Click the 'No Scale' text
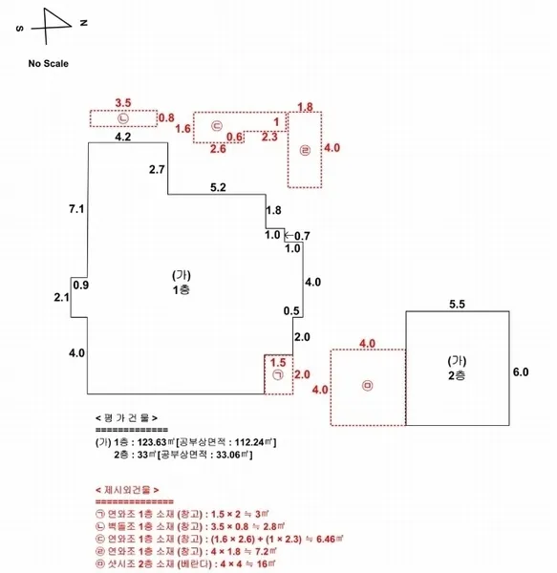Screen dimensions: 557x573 click(48, 64)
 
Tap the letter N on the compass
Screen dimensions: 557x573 click(84, 23)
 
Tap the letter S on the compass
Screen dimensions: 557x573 click(20, 29)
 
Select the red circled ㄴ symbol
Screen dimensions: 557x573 click(123, 118)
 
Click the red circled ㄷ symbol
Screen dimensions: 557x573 click(217, 126)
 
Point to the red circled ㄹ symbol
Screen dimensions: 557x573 click(305, 150)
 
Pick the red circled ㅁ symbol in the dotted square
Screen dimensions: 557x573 click(367, 386)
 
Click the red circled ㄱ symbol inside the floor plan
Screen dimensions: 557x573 click(278, 375)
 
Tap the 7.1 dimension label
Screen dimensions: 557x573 click(76, 209)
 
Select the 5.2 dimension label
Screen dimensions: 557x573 click(218, 187)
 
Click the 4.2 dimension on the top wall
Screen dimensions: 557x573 click(123, 137)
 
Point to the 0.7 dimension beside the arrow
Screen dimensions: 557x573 click(302, 236)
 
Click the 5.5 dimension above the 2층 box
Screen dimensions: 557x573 click(457, 304)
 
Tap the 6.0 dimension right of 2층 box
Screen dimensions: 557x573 click(521, 372)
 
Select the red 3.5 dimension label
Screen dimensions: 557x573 click(123, 103)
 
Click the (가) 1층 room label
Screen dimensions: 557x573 click(182, 283)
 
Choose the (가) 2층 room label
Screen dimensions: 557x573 click(457, 369)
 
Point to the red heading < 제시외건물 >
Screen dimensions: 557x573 click(127, 490)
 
